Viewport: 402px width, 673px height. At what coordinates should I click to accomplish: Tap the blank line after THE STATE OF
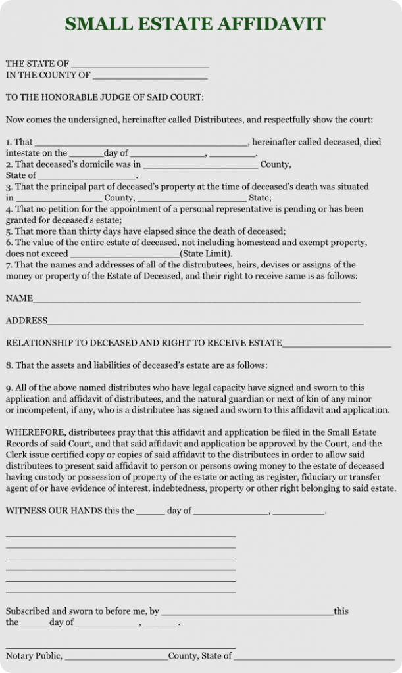[139, 66]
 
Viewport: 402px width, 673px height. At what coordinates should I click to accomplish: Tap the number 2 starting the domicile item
[9, 164]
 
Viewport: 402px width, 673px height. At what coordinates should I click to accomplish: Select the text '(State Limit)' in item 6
[205, 254]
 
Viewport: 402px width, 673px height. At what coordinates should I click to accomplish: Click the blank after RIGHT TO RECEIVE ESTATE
[336, 345]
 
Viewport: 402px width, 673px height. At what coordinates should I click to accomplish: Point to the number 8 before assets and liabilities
[9, 365]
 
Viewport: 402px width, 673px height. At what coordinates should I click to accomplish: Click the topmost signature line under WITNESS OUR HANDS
[120, 536]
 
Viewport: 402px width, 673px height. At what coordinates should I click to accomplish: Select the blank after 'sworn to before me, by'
[247, 613]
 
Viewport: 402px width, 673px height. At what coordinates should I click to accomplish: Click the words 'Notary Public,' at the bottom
[34, 655]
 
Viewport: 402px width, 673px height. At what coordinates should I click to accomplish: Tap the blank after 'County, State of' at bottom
[314, 657]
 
